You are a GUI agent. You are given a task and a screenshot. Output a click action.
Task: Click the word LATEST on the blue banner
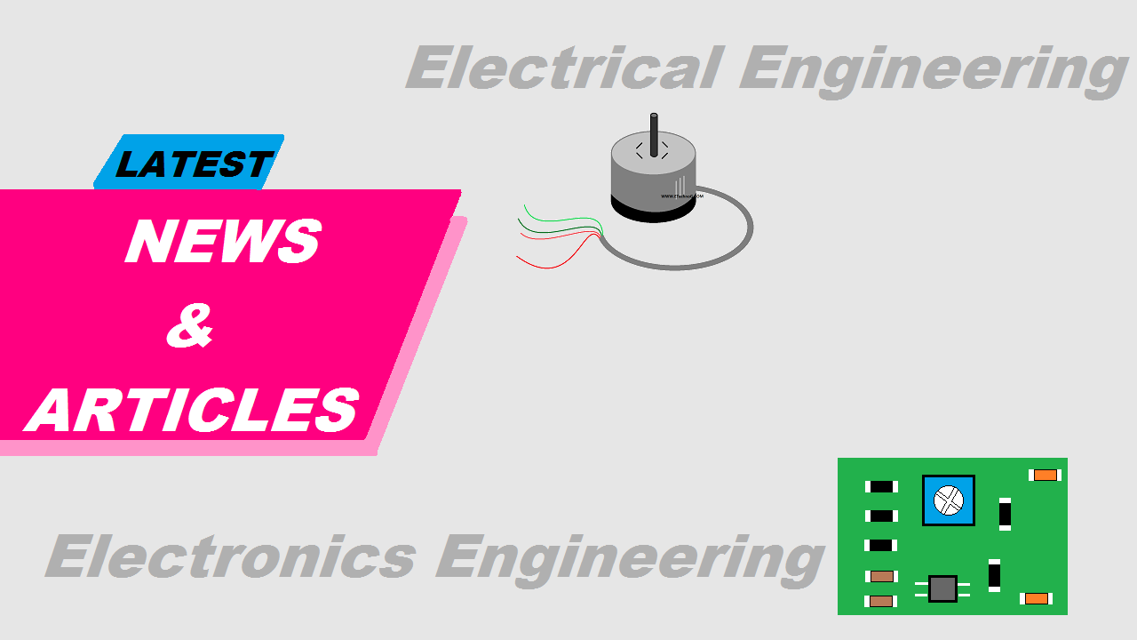pos(192,164)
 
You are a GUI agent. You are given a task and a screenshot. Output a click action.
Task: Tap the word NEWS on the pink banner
pos(223,241)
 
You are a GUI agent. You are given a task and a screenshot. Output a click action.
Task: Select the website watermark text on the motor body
pos(681,196)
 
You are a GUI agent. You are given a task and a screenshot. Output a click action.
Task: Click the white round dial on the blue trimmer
pos(949,500)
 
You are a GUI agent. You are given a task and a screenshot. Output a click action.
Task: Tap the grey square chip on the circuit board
pos(942,588)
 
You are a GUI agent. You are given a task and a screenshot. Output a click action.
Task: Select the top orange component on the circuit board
pos(1046,475)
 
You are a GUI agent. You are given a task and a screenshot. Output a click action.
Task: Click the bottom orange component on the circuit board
pos(1037,598)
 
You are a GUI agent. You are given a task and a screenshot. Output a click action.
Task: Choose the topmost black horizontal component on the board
pos(881,486)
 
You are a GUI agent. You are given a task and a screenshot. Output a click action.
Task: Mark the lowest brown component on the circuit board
pos(881,601)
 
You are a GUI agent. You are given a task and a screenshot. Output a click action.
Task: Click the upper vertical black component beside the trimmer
pos(1005,514)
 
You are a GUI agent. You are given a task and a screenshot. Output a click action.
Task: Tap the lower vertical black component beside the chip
pos(994,574)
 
